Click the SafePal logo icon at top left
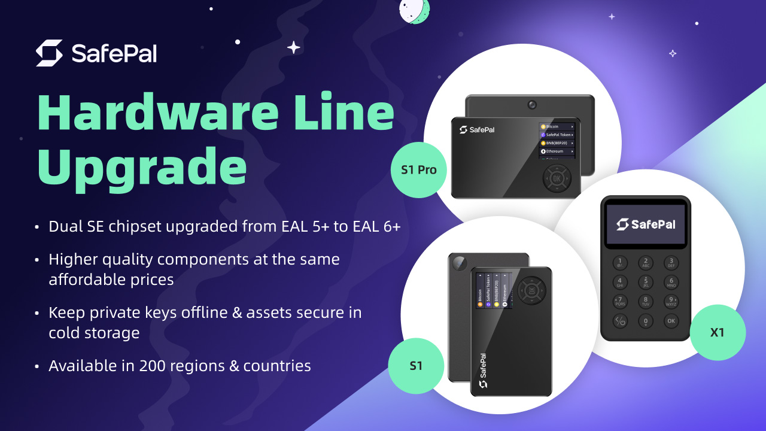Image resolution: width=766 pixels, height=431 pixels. click(x=49, y=53)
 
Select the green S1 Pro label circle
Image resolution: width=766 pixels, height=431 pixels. click(x=419, y=170)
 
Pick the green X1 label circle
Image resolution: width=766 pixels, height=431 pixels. click(x=718, y=332)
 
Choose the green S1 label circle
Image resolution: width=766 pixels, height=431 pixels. click(x=416, y=366)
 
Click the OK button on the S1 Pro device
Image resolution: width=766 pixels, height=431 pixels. click(x=557, y=178)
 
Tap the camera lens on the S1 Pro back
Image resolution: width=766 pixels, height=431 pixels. click(x=532, y=105)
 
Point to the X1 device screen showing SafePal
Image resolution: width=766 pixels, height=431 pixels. click(x=646, y=224)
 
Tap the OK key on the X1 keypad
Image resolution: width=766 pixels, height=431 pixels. click(x=671, y=321)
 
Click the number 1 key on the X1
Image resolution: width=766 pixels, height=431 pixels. click(x=620, y=262)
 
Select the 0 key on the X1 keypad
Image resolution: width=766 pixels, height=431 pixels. click(x=645, y=321)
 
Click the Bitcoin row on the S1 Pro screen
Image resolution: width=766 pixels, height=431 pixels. click(x=557, y=127)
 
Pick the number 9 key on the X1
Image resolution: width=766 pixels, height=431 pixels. click(x=671, y=301)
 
